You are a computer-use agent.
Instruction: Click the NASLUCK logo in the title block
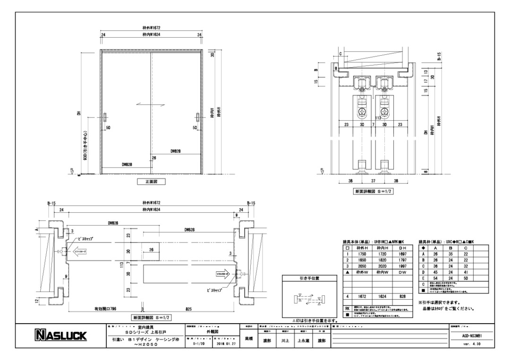click(x=59, y=336)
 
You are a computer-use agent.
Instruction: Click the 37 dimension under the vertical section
click(x=373, y=181)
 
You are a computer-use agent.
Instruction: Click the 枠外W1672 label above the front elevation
click(x=152, y=29)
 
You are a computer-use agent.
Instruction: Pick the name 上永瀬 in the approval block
click(x=303, y=340)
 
